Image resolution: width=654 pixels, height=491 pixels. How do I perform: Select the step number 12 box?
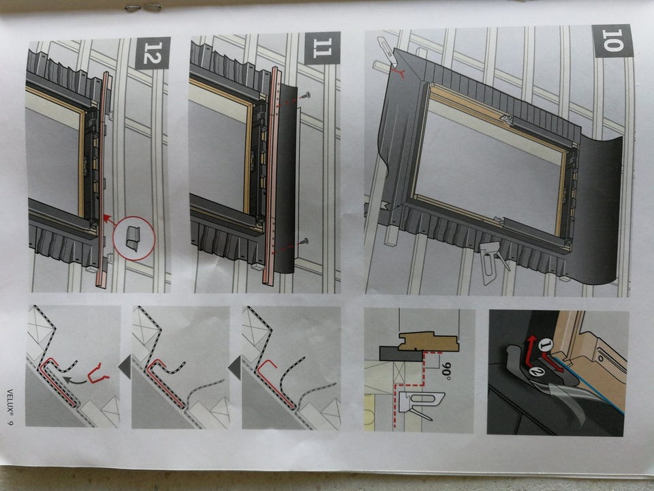coord(152,52)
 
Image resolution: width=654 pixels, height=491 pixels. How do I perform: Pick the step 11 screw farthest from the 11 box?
coord(304,241)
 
